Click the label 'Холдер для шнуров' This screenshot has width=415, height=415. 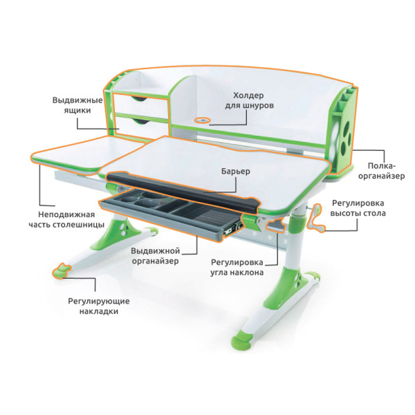[x=249, y=100]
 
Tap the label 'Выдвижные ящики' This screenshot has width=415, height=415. [x=77, y=105]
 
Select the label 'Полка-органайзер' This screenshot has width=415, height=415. [x=381, y=171]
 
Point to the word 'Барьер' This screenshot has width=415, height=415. [x=236, y=172]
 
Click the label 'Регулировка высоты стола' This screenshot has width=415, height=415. [x=358, y=208]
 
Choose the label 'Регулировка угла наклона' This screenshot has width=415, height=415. [x=237, y=267]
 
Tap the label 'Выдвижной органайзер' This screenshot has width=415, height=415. [x=156, y=256]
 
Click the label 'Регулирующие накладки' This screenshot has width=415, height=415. [x=99, y=306]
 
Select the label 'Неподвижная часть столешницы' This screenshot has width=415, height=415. [x=66, y=220]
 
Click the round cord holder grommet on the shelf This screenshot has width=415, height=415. [x=202, y=120]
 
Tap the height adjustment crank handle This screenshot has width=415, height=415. [x=316, y=219]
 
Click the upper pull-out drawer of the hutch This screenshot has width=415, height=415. [x=141, y=102]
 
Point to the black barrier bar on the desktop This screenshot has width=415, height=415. [x=183, y=191]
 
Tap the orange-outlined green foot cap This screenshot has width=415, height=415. [x=62, y=270]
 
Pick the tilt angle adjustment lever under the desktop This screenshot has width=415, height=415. [x=276, y=225]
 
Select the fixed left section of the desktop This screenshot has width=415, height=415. [x=87, y=155]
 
